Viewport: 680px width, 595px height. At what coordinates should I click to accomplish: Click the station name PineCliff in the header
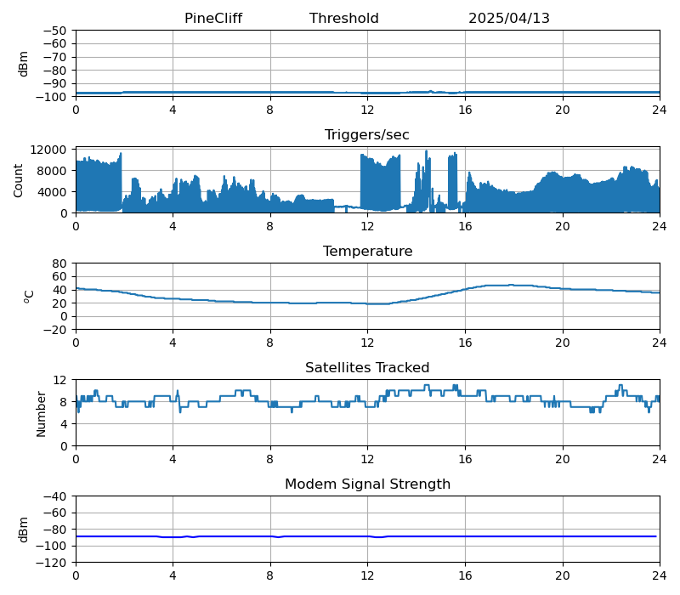click(x=213, y=19)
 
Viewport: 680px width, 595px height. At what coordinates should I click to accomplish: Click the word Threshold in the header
click(x=343, y=19)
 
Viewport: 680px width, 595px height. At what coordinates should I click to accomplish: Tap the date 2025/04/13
click(x=509, y=19)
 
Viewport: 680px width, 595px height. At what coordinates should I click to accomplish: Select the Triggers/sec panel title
click(x=367, y=135)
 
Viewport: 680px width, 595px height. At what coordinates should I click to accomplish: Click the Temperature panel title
click(x=367, y=252)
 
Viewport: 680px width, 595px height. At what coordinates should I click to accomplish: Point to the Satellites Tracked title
click(x=367, y=368)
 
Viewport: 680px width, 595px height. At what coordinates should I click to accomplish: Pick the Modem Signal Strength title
click(x=367, y=484)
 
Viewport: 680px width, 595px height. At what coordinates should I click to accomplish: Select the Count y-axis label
click(x=19, y=180)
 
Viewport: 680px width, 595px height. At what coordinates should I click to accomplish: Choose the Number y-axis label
click(x=42, y=413)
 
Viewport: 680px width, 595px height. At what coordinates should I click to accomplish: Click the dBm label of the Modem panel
click(x=24, y=529)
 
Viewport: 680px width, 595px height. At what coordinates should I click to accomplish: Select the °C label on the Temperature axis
click(x=29, y=296)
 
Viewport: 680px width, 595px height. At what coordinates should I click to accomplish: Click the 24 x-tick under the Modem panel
click(x=659, y=575)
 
